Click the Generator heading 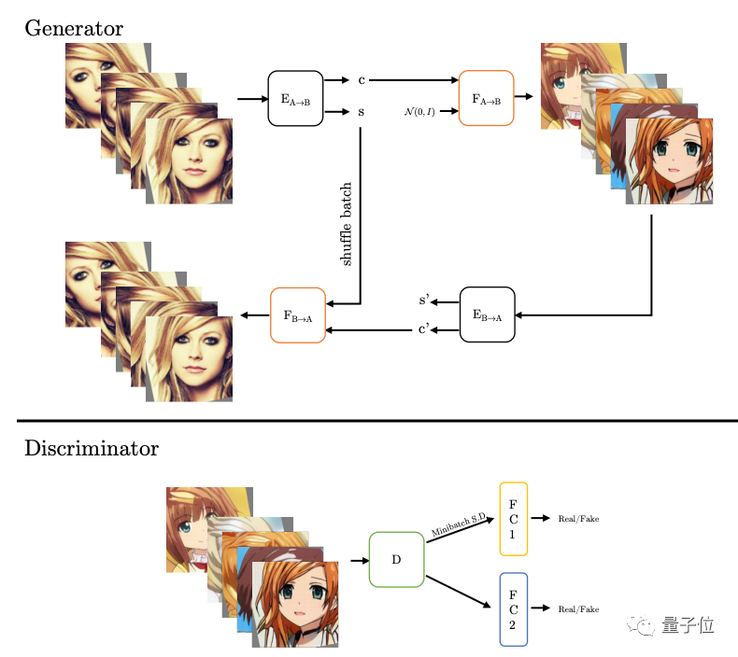tap(74, 28)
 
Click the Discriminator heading tap(92, 449)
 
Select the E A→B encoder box tap(295, 98)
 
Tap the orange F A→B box tap(486, 98)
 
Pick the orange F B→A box tap(297, 315)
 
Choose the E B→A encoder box tap(487, 315)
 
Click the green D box tap(396, 560)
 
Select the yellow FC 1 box tap(514, 519)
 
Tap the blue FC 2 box tap(514, 608)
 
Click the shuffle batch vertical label tap(347, 224)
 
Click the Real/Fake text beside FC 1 tap(578, 518)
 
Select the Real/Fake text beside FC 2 tap(578, 608)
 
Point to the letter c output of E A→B tap(361, 80)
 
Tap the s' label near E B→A tap(423, 301)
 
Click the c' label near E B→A tap(423, 329)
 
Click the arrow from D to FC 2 tap(459, 590)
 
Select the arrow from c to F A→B tap(411, 80)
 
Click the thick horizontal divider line tap(369, 421)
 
